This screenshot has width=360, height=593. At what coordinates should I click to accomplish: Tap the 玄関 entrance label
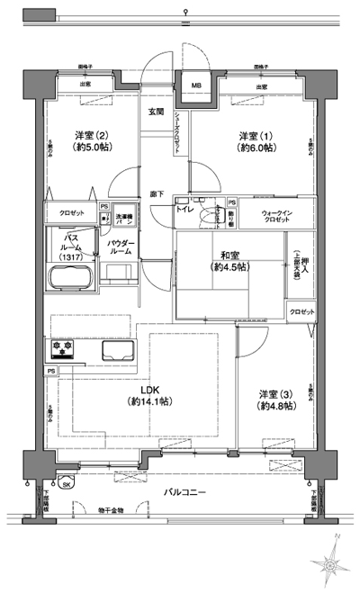(157, 111)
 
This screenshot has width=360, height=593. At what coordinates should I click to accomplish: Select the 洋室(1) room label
(254, 141)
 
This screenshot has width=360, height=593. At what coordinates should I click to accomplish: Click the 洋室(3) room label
(274, 400)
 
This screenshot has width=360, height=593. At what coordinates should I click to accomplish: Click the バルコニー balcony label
(185, 493)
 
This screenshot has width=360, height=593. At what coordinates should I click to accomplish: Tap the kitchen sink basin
(117, 349)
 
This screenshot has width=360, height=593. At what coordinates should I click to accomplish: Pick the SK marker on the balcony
(67, 483)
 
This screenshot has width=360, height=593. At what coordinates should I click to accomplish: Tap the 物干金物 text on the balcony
(111, 510)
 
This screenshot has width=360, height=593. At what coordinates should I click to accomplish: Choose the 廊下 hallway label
(157, 193)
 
